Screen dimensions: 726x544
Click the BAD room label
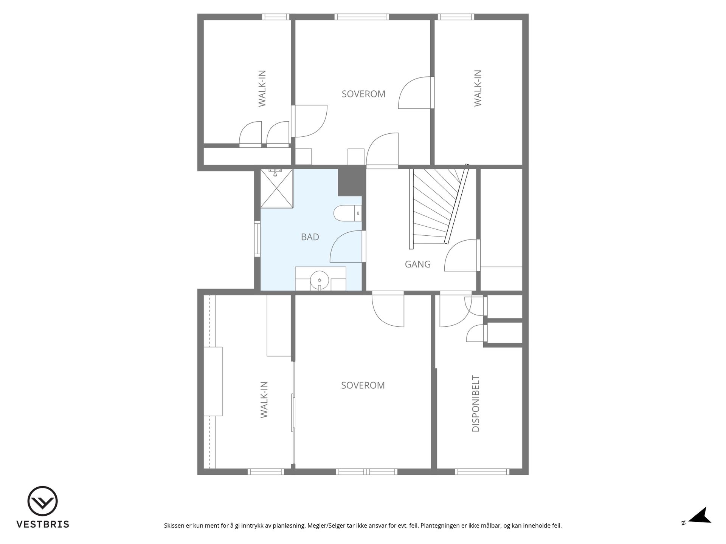[x=310, y=237]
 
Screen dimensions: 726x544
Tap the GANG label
[x=418, y=264]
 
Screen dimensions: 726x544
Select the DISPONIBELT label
[x=476, y=403]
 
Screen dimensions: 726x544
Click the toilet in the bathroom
[x=347, y=213]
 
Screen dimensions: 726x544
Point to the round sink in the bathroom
[x=320, y=280]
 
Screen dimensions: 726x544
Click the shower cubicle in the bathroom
[x=277, y=188]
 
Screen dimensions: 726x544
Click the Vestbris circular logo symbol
[x=42, y=501]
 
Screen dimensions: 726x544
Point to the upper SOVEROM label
[x=363, y=94]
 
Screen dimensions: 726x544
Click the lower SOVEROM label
[x=363, y=385]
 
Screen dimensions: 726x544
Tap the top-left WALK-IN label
[x=262, y=88]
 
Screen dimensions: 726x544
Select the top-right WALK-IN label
[x=478, y=88]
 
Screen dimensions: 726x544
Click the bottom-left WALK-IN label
[x=264, y=400]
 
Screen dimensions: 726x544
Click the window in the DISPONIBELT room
[x=482, y=471]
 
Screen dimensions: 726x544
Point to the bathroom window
[x=258, y=239]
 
